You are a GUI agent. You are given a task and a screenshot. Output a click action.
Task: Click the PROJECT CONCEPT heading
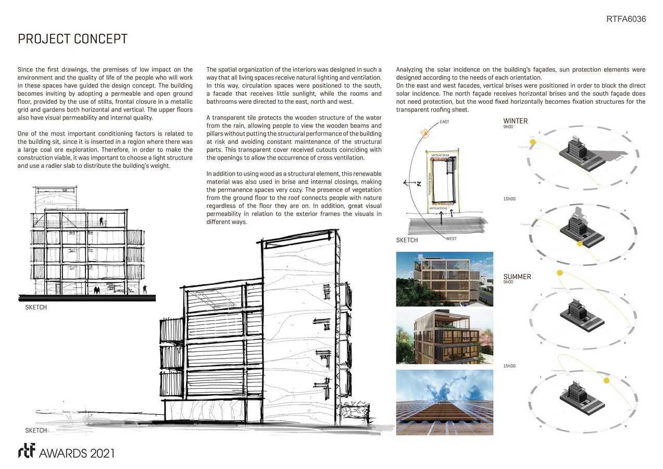tap(72, 40)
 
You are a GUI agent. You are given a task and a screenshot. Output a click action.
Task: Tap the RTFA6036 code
tap(626, 19)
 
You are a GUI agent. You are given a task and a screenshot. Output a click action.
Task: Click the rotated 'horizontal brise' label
tap(430, 184)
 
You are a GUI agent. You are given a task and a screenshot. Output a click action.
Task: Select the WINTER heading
tap(515, 121)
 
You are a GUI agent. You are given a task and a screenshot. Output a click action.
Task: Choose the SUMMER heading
tap(517, 277)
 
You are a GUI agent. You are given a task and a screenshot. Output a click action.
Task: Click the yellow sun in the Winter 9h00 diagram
tap(532, 142)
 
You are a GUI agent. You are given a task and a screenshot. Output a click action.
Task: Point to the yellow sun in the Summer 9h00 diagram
tap(559, 273)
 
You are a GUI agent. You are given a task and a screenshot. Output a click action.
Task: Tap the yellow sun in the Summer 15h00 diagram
tap(606, 381)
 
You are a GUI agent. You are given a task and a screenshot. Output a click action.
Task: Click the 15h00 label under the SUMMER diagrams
tap(509, 366)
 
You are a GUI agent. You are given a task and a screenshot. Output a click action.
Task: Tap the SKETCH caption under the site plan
tap(407, 240)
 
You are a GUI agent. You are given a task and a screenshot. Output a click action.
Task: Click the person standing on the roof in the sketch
tap(101, 222)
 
